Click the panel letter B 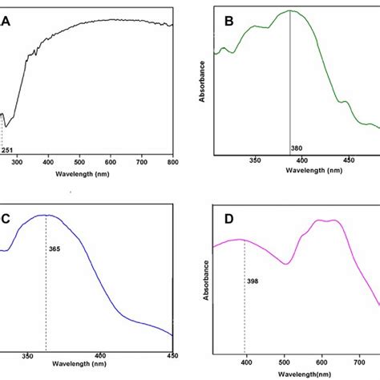[227, 23]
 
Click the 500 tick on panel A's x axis [79, 163]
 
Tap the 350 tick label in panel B [255, 160]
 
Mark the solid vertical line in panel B [290, 80]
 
